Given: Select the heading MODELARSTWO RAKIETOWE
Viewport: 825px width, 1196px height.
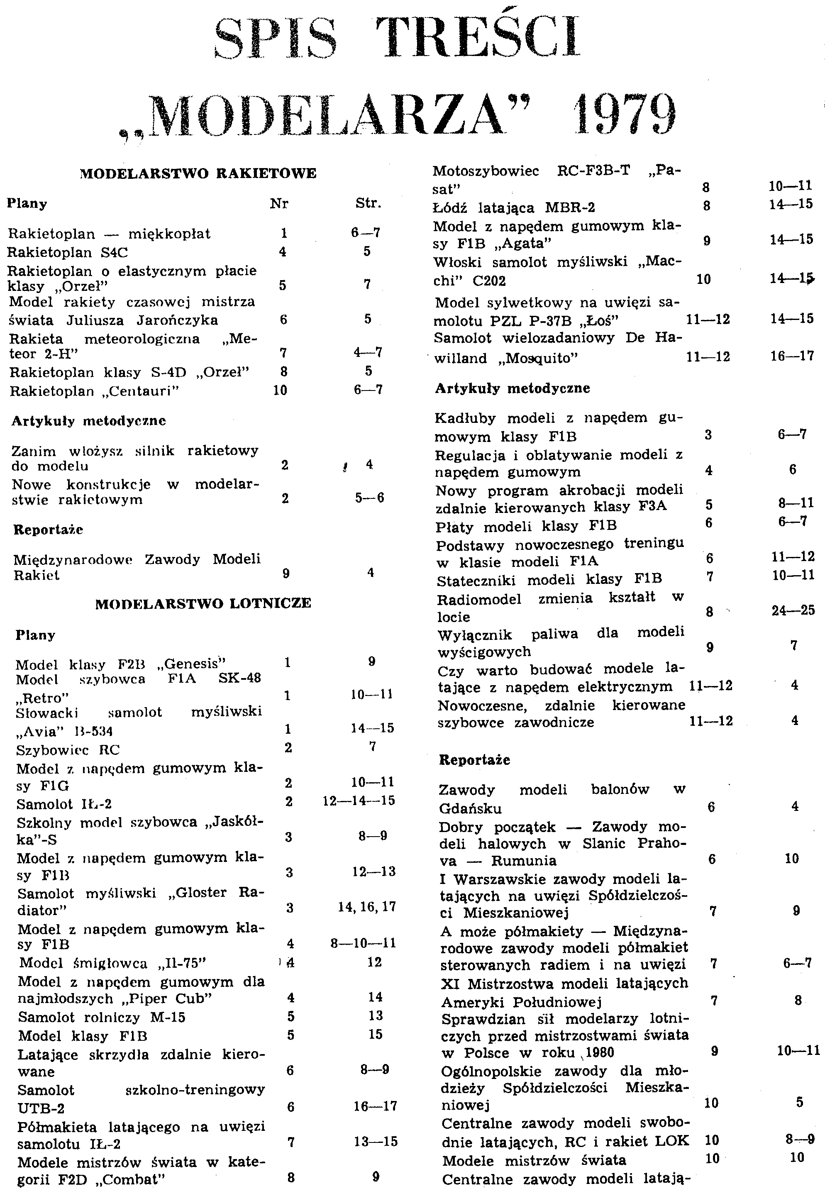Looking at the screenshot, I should point(198,173).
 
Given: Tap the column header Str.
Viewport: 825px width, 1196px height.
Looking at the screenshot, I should point(368,203).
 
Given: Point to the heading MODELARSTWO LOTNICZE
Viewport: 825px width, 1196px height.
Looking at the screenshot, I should point(203,603).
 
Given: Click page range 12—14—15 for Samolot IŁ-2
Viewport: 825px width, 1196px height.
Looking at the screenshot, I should point(359,801).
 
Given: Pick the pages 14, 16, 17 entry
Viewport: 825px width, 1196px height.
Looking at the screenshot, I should point(367,907).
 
